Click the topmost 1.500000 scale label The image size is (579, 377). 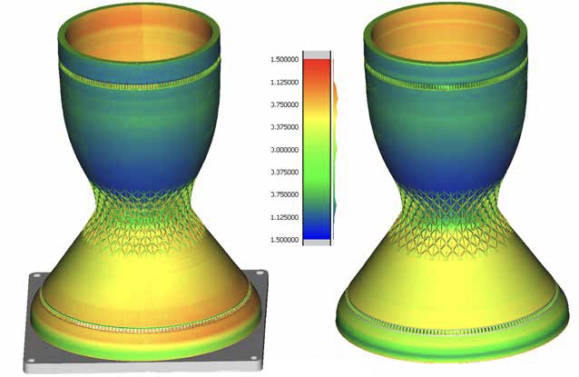(285, 60)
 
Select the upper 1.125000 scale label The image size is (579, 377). (285, 82)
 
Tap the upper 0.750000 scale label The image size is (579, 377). (285, 104)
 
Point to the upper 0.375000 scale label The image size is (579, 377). (285, 127)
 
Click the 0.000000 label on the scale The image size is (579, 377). (285, 150)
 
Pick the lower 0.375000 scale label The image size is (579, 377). (285, 173)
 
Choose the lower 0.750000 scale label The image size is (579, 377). (285, 194)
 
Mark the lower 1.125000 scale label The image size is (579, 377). (285, 217)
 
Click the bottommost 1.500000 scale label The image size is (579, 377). (285, 240)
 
